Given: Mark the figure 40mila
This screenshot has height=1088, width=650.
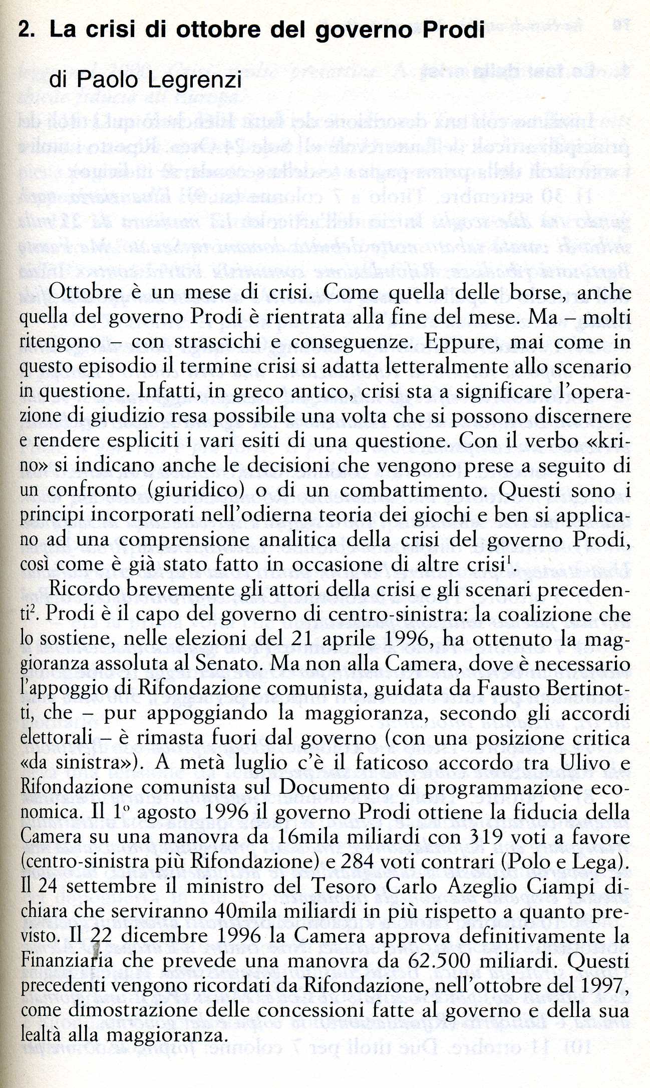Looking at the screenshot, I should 245,911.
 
